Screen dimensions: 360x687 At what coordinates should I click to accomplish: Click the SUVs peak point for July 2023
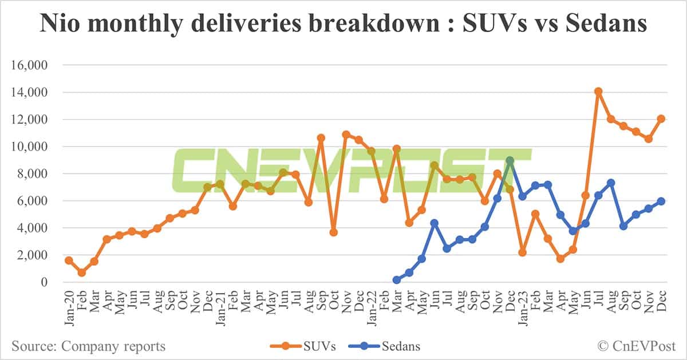[x=598, y=92]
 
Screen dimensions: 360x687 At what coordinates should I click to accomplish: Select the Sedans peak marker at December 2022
[x=510, y=161]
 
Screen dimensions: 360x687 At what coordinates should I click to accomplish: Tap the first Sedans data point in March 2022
[x=396, y=280]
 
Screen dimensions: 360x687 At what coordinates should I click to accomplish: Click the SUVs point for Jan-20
[x=69, y=260]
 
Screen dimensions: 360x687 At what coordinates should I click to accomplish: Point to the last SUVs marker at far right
[x=661, y=118]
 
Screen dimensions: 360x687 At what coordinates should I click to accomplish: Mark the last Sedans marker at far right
[x=661, y=201]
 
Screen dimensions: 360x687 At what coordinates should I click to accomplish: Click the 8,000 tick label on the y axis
[x=33, y=173]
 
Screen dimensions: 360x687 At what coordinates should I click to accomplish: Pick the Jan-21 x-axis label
[x=220, y=309]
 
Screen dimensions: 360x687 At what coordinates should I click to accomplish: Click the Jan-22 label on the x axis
[x=371, y=309]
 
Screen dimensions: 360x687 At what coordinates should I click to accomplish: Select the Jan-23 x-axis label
[x=522, y=309]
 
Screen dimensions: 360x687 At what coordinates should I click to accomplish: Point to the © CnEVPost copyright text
[x=636, y=346]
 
